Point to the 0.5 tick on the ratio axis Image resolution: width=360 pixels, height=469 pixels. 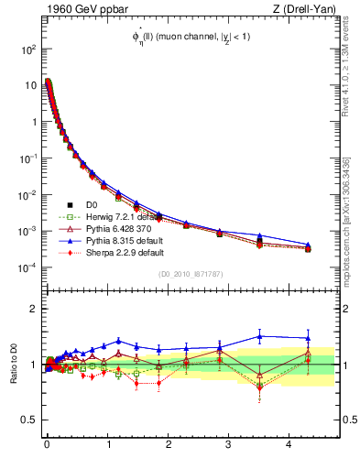(x=26, y=420)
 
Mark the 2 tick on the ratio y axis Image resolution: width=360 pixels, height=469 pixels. (x=31, y=309)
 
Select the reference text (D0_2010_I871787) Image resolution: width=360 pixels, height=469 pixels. (x=191, y=273)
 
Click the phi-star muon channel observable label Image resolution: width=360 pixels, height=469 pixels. (x=191, y=38)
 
